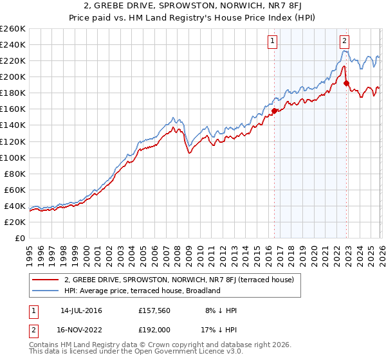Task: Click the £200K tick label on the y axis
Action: pyautogui.click(x=12, y=76)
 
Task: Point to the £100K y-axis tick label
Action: pyautogui.click(x=12, y=157)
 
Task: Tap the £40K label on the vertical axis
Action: pyautogui.click(x=14, y=206)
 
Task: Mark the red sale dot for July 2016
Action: pyautogui.click(x=274, y=111)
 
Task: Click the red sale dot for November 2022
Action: pyautogui.click(x=346, y=83)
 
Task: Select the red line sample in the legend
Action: pyautogui.click(x=45, y=280)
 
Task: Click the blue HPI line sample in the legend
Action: pyautogui.click(x=45, y=291)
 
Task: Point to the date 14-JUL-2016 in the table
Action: pyautogui.click(x=80, y=310)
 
